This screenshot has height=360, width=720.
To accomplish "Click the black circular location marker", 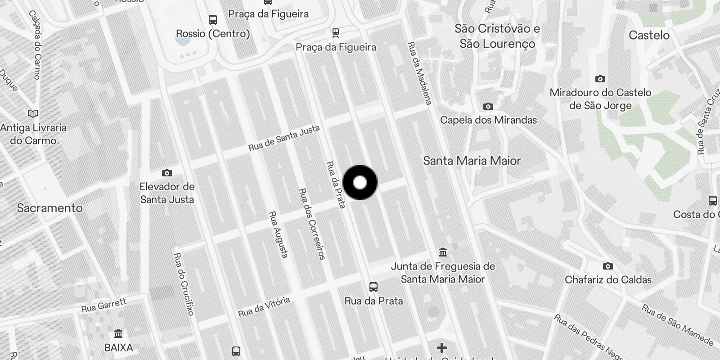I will click(x=360, y=182).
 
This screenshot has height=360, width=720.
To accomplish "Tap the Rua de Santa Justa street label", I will click(x=284, y=138).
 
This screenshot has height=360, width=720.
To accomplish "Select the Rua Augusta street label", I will click(x=278, y=234).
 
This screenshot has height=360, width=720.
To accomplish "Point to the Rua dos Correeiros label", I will click(x=312, y=224).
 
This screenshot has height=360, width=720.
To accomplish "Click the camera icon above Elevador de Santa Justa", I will click(x=166, y=173).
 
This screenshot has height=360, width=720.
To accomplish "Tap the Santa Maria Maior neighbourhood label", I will click(x=472, y=161).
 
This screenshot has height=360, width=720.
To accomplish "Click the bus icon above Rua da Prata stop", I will click(x=373, y=287).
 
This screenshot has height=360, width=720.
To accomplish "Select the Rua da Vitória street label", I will click(x=264, y=306).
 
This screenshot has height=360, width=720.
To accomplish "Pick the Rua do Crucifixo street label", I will click(x=184, y=284).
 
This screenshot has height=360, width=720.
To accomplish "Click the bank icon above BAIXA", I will click(x=118, y=333).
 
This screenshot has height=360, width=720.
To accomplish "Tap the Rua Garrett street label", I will click(x=104, y=305).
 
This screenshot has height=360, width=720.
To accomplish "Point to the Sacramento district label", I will click(x=49, y=208).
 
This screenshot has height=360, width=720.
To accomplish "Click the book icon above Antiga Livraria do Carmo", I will click(x=33, y=113).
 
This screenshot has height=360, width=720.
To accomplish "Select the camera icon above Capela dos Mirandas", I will click(x=488, y=106).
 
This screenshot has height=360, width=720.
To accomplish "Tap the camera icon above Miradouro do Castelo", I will click(x=600, y=79).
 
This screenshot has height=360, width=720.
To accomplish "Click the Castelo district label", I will click(x=649, y=35).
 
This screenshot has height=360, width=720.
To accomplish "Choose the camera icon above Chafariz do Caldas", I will click(x=607, y=266).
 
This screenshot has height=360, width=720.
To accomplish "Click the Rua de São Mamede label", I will click(x=677, y=325).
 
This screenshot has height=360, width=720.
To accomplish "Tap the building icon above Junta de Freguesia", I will click(x=442, y=252).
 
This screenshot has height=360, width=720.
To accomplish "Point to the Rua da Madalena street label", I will click(x=419, y=73).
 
